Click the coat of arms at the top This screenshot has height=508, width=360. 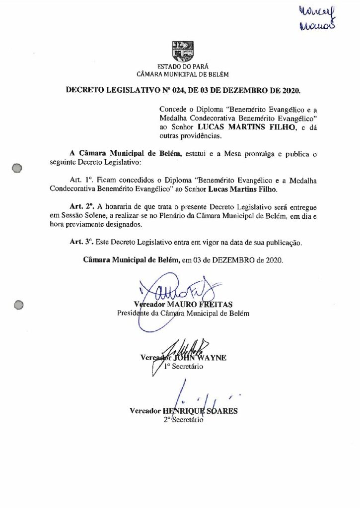(x=183, y=51)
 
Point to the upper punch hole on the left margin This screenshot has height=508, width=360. (x=17, y=168)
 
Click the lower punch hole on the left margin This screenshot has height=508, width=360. (x=18, y=305)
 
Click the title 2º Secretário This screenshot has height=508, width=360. (x=184, y=420)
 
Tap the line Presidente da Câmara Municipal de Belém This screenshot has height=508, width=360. (x=183, y=313)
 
